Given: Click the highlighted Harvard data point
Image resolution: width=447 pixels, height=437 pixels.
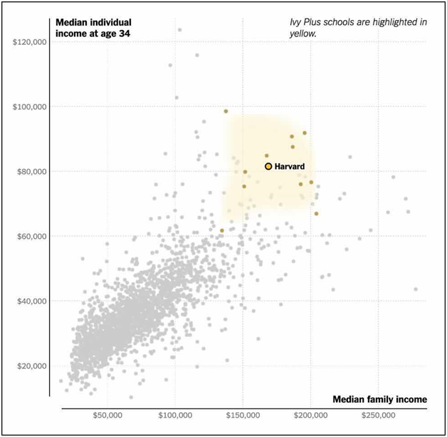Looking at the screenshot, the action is coord(268,166).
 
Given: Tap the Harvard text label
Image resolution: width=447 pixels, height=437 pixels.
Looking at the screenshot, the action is coord(290,166).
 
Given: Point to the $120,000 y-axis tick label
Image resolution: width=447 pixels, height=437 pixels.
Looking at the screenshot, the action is coord(30,42).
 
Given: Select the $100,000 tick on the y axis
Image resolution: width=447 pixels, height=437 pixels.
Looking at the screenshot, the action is coord(30,107).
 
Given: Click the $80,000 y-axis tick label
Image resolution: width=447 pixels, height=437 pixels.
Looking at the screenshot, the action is coord(31,172).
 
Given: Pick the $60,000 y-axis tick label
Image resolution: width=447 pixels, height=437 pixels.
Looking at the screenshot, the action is coord(31,237).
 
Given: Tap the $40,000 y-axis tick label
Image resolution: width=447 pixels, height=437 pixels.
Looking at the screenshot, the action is coord(31,301).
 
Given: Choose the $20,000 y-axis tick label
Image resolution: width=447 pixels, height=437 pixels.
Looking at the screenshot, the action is coord(31,366).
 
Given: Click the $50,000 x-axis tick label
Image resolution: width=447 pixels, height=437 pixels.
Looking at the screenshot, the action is coord(107,416).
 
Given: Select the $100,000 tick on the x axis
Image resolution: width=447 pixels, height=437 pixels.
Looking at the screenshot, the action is coord(175,416).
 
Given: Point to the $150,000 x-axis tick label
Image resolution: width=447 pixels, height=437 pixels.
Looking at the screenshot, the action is coord(243,416).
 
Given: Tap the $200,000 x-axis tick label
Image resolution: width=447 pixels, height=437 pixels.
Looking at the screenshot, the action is coord(311,416).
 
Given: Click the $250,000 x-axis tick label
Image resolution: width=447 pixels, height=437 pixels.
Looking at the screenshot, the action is coord(378,416).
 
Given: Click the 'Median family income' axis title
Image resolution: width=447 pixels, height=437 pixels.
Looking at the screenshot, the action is coord(379,399).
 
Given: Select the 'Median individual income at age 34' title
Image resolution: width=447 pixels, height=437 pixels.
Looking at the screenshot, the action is coord(93,28).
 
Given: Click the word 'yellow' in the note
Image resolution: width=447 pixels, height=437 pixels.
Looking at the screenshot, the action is coord(303,34).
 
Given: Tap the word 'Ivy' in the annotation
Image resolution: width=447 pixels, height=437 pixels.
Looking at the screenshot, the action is coord(295,22).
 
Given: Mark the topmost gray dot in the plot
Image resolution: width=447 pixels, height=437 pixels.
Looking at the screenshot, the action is coord(179,30).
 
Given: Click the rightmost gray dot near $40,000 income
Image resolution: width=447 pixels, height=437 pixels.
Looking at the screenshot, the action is coord(416,289).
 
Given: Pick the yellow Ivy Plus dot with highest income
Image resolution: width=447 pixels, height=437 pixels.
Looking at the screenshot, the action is coord(226,111).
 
